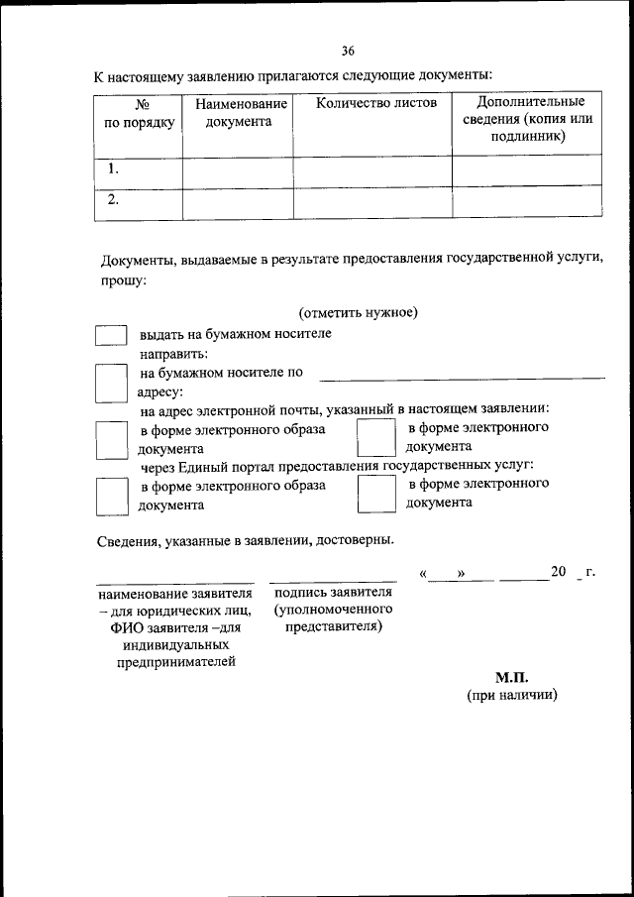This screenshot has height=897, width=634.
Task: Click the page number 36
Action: (348, 51)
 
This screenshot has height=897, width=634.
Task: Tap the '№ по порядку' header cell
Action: (139, 113)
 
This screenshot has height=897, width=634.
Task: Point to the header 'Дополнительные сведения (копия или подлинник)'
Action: (527, 120)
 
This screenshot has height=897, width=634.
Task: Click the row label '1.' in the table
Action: (114, 169)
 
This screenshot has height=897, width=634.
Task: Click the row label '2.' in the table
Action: (114, 199)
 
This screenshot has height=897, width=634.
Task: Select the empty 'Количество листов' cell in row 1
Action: (372, 170)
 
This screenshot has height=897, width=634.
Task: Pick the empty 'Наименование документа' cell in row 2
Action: (238, 201)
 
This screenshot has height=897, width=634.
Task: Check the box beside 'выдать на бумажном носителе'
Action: (110, 335)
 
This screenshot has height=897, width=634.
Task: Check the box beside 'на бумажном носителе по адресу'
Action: (111, 383)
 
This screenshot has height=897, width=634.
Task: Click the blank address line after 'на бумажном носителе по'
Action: (462, 375)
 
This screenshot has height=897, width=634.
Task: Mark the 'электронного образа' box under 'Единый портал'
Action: (111, 496)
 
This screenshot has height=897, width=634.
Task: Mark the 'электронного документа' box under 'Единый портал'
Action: (375, 495)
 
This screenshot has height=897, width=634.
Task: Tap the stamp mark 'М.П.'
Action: (512, 678)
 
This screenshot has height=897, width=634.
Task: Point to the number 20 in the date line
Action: (558, 572)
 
